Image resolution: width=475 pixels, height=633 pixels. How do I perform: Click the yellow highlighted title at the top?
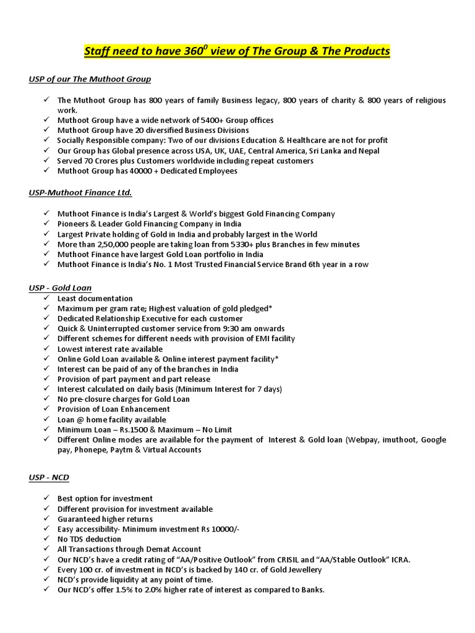click(x=237, y=51)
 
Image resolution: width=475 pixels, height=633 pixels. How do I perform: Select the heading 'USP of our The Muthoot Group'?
click(x=90, y=79)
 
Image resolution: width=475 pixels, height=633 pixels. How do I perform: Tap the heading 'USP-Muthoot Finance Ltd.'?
click(x=80, y=193)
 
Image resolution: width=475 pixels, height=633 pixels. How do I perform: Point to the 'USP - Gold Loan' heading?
click(x=60, y=288)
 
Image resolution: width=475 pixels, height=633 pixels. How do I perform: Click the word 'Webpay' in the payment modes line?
click(x=365, y=440)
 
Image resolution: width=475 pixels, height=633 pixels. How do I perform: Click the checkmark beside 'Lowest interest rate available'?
click(x=47, y=349)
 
